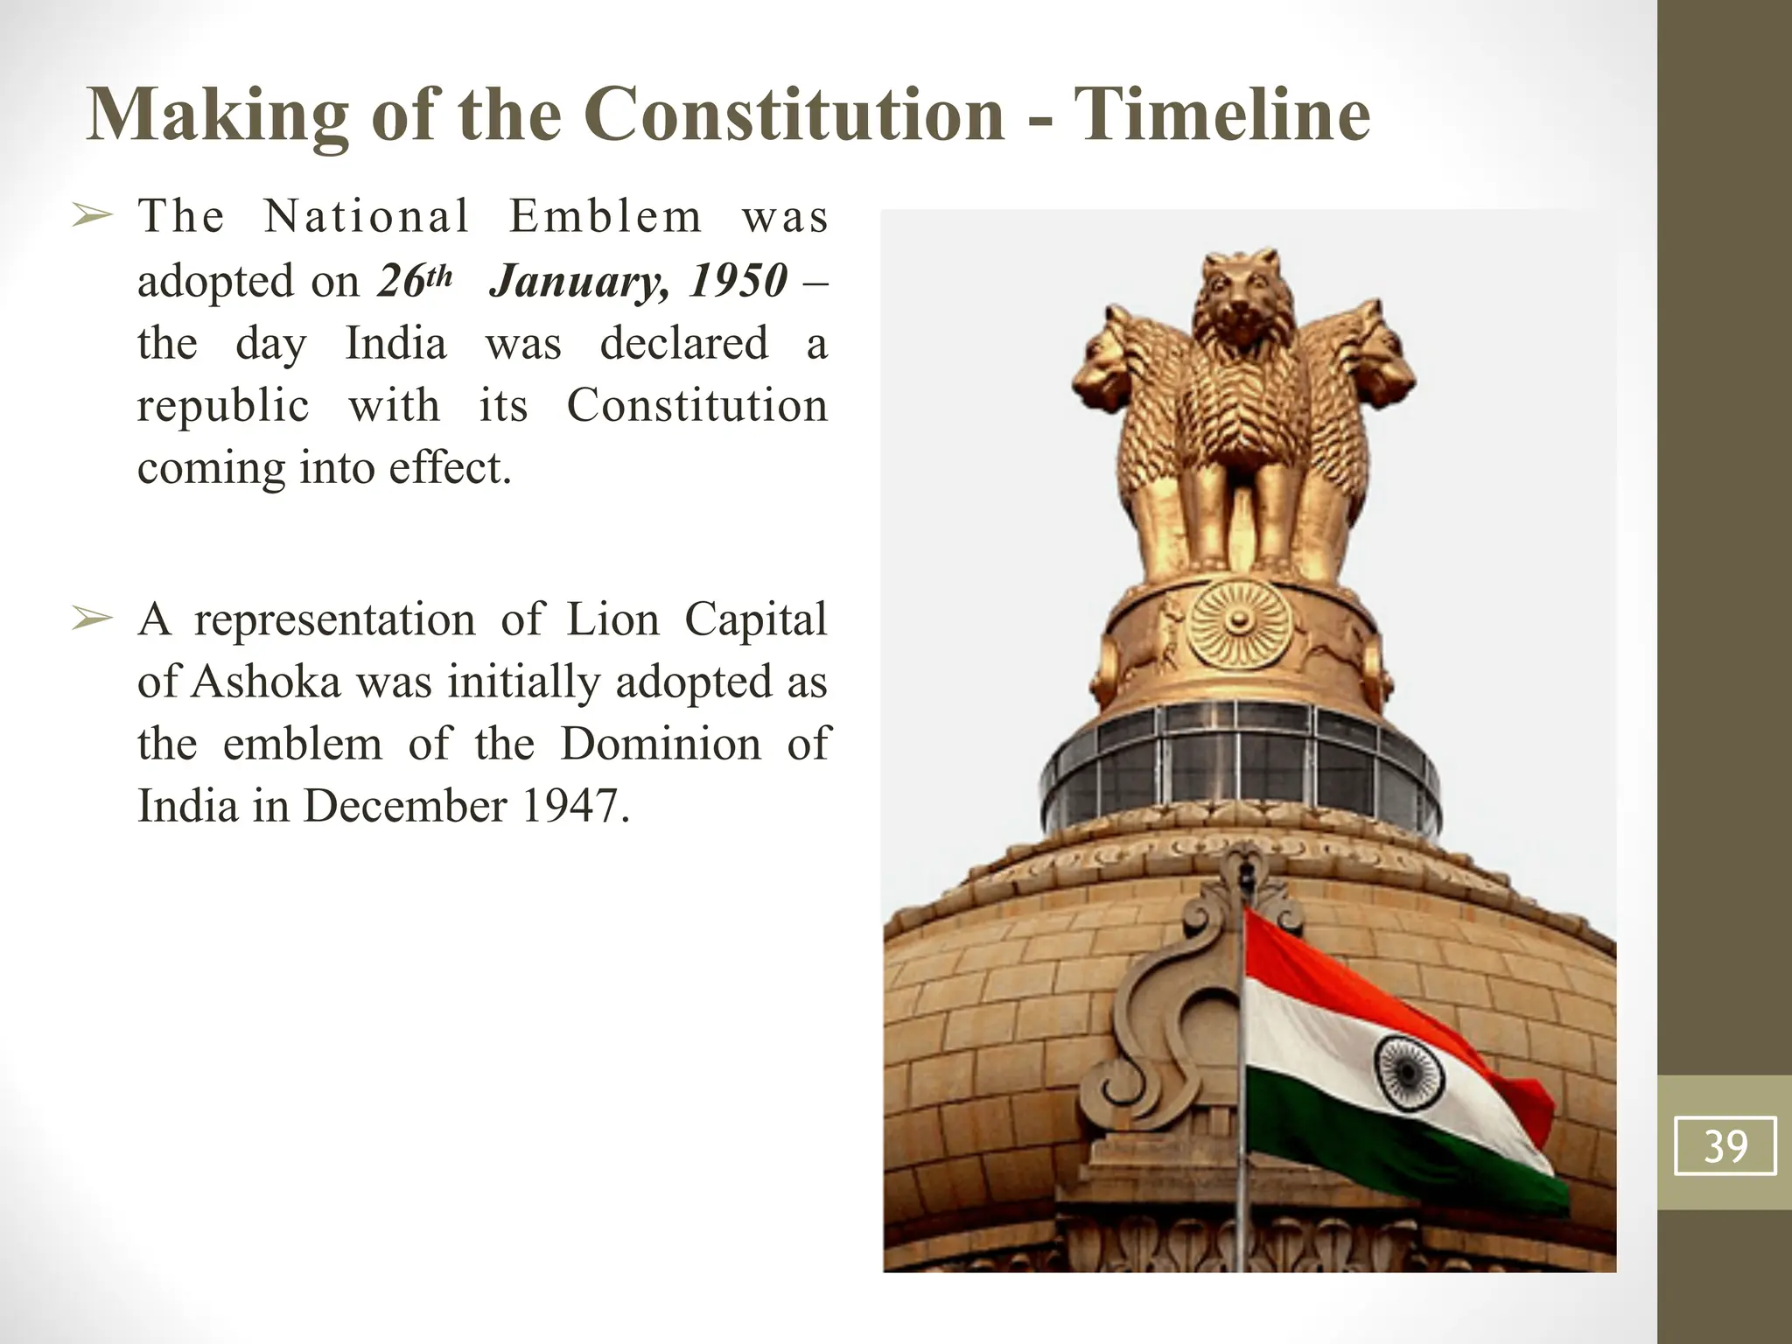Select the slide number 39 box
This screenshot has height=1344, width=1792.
click(x=1725, y=1145)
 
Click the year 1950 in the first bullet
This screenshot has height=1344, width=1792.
click(x=738, y=281)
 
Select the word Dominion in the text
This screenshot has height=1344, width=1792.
click(x=661, y=744)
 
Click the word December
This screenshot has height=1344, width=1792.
click(x=404, y=806)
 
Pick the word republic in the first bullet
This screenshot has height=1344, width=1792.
click(x=223, y=406)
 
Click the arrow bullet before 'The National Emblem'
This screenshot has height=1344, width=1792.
click(x=92, y=215)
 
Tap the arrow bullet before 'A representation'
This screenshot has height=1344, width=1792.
click(x=92, y=619)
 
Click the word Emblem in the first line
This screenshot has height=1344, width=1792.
click(x=605, y=216)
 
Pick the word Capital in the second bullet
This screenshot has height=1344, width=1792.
click(x=755, y=619)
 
